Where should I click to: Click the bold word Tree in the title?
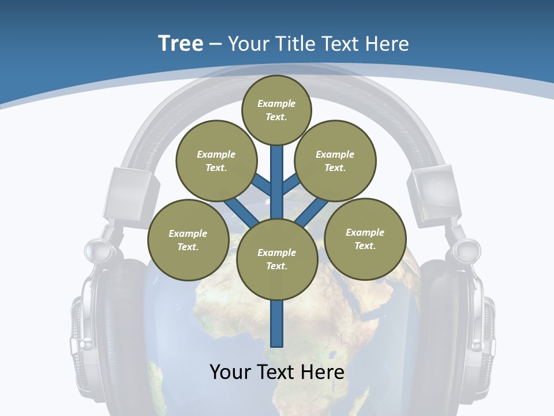click(x=181, y=43)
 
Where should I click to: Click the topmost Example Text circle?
click(x=276, y=110)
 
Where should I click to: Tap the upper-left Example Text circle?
click(x=216, y=161)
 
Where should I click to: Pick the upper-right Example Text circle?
click(x=335, y=161)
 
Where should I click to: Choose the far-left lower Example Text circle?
click(x=188, y=240)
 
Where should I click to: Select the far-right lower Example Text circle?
click(x=365, y=239)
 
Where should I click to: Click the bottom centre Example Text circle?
click(x=277, y=259)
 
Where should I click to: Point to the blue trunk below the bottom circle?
click(x=277, y=324)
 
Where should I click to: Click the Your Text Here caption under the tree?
click(x=277, y=372)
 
